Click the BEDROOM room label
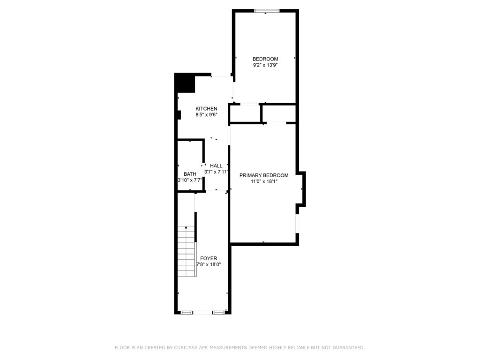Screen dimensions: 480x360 coord(265,59)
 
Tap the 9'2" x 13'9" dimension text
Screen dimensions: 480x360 coord(265,65)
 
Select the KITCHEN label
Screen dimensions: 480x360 coord(206,109)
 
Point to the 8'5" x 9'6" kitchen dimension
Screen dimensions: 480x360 coord(206,115)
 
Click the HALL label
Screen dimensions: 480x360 coord(216,166)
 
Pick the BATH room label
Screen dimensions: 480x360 coord(190,174)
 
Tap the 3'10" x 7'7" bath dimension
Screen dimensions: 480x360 coord(190,180)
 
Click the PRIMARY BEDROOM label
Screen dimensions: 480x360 coord(264,175)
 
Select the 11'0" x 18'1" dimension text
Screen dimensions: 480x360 coord(264,181)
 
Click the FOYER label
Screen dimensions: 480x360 coord(209,258)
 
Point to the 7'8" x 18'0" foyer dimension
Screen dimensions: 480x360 coord(209,264)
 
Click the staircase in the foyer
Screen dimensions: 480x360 coord(186,251)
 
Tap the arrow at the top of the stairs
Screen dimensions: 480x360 coord(186,227)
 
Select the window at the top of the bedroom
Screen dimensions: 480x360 coord(267,11)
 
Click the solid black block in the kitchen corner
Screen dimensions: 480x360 coord(185,82)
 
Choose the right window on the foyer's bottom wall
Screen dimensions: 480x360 coord(218,312)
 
